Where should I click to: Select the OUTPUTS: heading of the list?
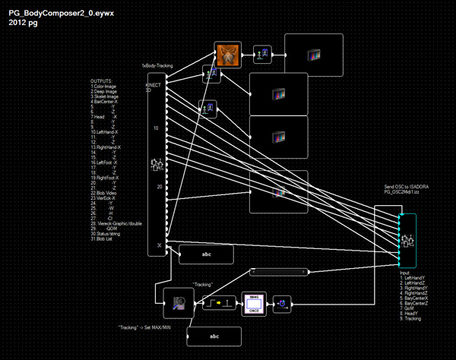tap(102, 81)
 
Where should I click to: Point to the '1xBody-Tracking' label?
tap(157, 66)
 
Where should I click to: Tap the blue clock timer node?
tap(282, 305)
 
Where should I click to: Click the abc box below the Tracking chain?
tap(214, 336)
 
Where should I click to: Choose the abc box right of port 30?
tap(206, 254)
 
